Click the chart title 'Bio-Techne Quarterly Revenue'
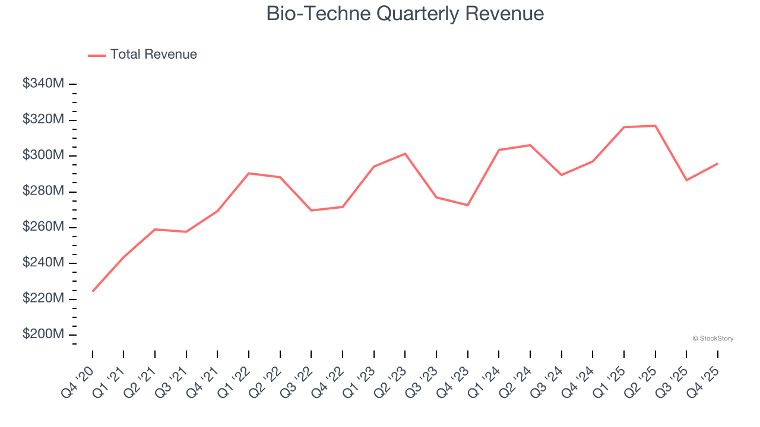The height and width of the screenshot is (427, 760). coord(405,13)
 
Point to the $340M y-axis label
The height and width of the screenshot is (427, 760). coord(43,84)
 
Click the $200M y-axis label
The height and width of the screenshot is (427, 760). coord(43,334)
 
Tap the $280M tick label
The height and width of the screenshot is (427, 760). coord(43,191)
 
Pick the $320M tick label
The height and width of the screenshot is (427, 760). coord(43,119)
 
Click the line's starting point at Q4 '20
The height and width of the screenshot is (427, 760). coord(93,291)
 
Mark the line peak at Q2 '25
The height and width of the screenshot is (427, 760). coord(655,126)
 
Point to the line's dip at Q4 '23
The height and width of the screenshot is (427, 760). coord(468,205)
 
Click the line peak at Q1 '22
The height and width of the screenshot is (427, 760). coord(249,173)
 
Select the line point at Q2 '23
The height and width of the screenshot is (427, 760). coord(405,154)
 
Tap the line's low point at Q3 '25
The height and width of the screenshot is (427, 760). coord(687,180)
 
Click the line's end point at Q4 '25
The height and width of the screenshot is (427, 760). coord(718,163)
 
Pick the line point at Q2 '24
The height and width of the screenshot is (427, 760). coord(530,145)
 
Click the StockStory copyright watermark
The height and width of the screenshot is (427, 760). coord(712,339)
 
